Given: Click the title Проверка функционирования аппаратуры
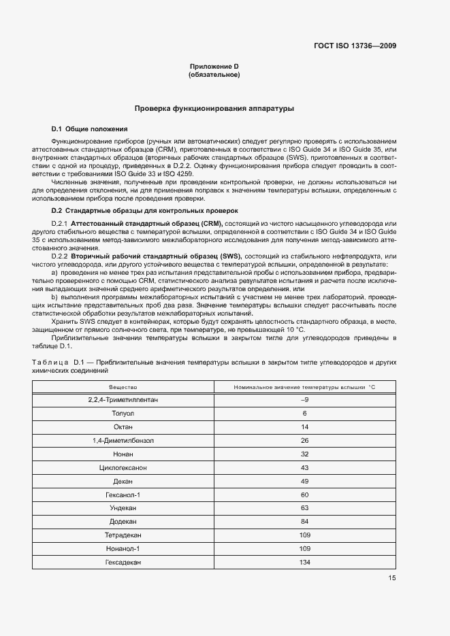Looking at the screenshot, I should pyautogui.click(x=214, y=108).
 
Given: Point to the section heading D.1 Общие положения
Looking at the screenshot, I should pyautogui.click(x=89, y=129).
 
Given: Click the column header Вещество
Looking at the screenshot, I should pyautogui.click(x=123, y=386).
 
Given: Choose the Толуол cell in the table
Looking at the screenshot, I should pyautogui.click(x=123, y=413).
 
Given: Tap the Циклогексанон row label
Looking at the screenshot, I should pyautogui.click(x=123, y=467).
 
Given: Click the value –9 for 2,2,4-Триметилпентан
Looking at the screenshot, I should pyautogui.click(x=305, y=399).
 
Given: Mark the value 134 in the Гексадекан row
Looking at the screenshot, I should pyautogui.click(x=305, y=563).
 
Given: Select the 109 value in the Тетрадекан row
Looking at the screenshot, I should pyautogui.click(x=305, y=535).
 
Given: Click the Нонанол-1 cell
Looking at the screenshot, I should pyautogui.click(x=123, y=549).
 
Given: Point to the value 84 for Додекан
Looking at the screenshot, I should pyautogui.click(x=305, y=522).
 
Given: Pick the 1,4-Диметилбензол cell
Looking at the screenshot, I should pyautogui.click(x=123, y=440).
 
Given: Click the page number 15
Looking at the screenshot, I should pyautogui.click(x=392, y=578).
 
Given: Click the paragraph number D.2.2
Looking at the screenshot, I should pyautogui.click(x=61, y=256).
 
